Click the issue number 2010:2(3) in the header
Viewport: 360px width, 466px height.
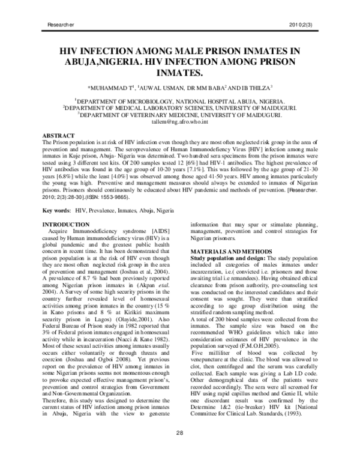pos(305,23)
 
